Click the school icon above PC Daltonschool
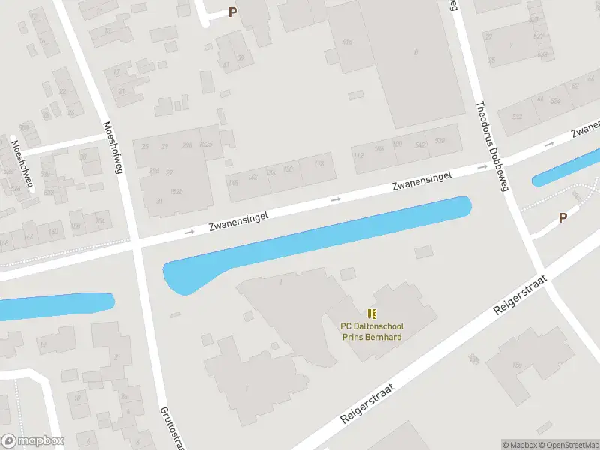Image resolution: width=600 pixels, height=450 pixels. [372, 313]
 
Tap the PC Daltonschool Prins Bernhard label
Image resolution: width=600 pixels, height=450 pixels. [371, 331]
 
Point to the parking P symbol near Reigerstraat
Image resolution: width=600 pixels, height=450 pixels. [562, 218]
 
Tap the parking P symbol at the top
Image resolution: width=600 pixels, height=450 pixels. [232, 12]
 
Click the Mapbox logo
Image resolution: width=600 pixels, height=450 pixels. [33, 441]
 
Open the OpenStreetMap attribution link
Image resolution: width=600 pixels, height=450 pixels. [568, 445]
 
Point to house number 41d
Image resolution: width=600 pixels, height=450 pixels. [346, 42]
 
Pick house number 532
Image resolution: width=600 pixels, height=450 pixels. [516, 116]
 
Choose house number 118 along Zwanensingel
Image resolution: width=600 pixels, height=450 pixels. [319, 163]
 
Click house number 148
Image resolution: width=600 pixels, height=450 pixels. [233, 182]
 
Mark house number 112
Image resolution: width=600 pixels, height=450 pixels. [358, 155]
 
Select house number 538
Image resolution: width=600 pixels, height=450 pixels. [439, 140]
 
